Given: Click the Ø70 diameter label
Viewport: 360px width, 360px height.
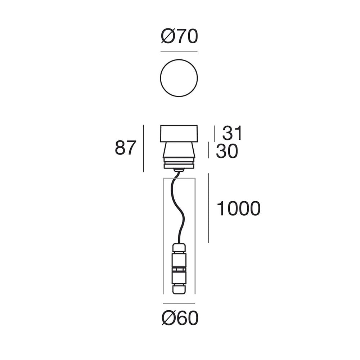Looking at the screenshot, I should point(179,37).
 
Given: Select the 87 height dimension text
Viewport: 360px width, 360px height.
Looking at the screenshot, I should point(126,148).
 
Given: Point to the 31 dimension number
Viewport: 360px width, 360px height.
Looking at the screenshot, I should point(232,134).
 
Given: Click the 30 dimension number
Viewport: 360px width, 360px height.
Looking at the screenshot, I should point(227,152).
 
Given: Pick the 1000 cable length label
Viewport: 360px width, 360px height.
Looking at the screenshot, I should point(238,209).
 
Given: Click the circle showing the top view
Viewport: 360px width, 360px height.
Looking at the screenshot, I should point(179,78).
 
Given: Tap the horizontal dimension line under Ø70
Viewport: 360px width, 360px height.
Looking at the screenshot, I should point(179,52).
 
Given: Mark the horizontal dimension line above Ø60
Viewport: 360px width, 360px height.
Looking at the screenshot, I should point(179,303).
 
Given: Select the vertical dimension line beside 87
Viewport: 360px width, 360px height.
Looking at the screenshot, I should point(143,148).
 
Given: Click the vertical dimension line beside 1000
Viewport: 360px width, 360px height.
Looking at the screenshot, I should point(208,208).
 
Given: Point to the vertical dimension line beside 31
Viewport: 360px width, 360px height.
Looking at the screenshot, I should point(215,134).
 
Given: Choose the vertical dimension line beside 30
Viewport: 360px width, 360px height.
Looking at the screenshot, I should point(208,150).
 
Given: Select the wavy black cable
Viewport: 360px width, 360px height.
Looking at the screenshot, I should point(182,209).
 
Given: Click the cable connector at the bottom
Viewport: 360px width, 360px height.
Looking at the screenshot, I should point(179,268).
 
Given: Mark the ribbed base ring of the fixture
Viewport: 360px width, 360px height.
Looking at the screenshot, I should point(179,165).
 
